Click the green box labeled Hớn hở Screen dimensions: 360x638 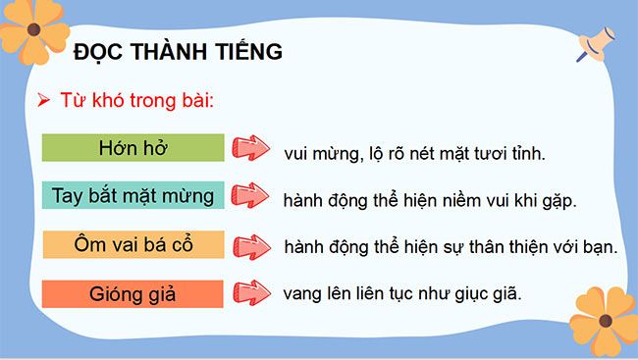click(134, 148)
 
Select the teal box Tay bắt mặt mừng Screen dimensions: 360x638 click(134, 195)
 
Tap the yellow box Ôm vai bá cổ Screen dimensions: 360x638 click(134, 243)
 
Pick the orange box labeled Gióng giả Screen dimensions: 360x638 click(134, 291)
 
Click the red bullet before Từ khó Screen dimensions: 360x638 click(42, 100)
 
